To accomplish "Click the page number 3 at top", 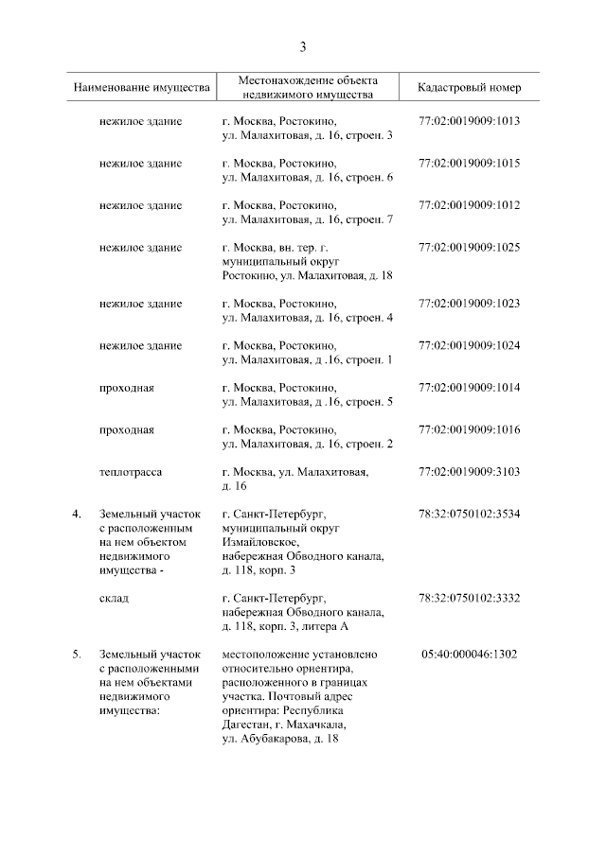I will click(x=303, y=46).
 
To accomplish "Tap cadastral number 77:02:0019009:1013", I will click(x=469, y=122).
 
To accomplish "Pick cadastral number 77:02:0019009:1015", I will click(x=469, y=164).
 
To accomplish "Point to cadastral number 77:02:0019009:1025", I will click(x=469, y=248).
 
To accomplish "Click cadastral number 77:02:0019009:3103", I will click(x=469, y=471).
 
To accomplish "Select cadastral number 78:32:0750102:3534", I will click(x=469, y=514).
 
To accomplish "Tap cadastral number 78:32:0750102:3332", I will click(x=469, y=598).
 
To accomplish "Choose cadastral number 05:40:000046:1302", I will click(x=469, y=654).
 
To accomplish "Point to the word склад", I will click(x=115, y=598).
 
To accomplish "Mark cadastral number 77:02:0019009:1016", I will click(x=469, y=429).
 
